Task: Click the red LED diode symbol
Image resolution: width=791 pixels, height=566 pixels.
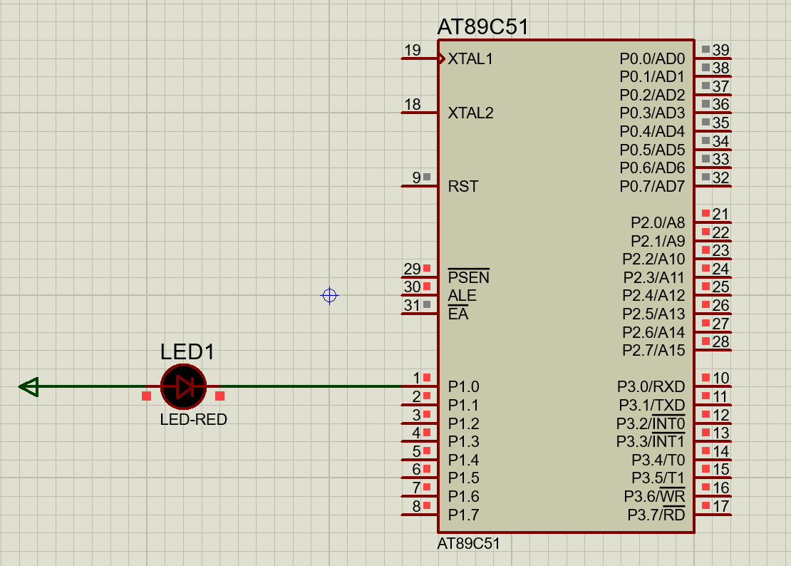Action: point(184,387)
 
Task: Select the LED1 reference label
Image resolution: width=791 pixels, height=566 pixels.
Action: point(187,352)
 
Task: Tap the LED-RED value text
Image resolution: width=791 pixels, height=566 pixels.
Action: point(193,420)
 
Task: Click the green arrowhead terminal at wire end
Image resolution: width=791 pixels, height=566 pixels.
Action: point(29,387)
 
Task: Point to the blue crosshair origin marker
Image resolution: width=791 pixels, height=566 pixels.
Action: point(329,295)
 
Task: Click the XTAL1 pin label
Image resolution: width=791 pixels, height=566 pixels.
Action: point(470,59)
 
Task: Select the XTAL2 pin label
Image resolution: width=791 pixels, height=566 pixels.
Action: point(470,113)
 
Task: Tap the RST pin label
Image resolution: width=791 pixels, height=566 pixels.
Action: point(463,187)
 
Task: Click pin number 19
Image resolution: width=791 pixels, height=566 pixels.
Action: point(412,51)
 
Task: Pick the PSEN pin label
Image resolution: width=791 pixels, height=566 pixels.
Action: point(468,277)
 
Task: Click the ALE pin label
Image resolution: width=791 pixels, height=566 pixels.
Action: point(462,296)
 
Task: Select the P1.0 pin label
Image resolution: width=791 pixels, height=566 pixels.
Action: point(463,387)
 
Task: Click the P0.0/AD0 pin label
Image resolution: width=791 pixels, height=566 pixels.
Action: point(651,59)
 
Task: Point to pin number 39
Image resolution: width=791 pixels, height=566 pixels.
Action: point(720,50)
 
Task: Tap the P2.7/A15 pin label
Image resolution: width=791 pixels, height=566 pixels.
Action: point(653,350)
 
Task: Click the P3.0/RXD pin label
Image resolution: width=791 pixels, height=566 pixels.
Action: point(651,387)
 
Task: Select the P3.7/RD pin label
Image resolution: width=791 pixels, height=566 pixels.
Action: point(656,515)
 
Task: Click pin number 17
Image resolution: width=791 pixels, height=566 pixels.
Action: point(720,506)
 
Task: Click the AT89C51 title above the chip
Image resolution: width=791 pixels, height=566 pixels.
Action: point(482,28)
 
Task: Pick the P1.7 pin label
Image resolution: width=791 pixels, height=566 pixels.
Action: point(463,515)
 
